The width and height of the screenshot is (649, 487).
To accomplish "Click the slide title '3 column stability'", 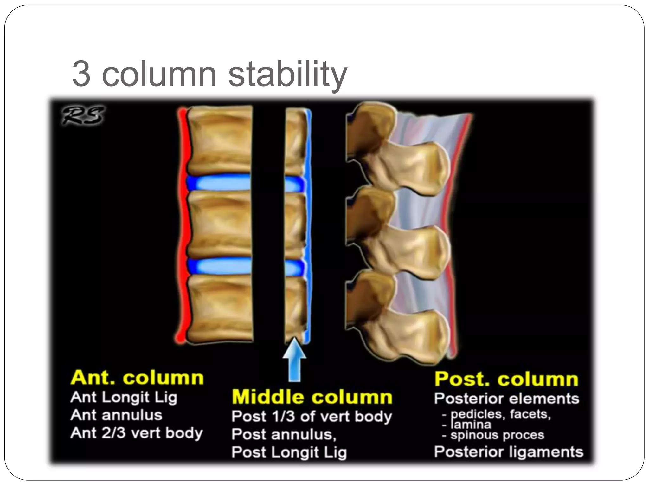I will click(209, 74).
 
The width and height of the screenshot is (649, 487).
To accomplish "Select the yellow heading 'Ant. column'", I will click(137, 378).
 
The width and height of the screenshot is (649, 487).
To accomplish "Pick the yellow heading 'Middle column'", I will click(312, 397).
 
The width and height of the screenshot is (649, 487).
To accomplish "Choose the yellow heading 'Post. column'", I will click(506, 379).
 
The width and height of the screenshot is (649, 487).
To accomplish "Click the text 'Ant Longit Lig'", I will click(124, 398).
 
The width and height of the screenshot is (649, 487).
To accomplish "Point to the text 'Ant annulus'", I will click(116, 415).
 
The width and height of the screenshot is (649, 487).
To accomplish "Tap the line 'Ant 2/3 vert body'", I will click(137, 433).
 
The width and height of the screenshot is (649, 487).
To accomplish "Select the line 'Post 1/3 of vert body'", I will click(312, 417).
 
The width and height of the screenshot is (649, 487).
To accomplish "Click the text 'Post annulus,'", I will click(284, 434).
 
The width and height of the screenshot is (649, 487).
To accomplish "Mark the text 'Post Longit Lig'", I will click(289, 452).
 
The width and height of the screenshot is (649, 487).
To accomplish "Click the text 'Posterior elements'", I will click(506, 399).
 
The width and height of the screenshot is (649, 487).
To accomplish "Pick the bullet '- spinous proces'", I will click(493, 435).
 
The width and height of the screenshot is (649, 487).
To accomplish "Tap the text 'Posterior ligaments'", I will click(508, 452).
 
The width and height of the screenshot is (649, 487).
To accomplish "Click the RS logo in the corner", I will click(83, 115).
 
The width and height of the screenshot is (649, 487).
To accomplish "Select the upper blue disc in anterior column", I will click(219, 183).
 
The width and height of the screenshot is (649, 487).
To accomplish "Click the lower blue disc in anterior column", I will click(219, 266).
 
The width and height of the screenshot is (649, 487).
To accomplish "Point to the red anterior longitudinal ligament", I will click(182, 222).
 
